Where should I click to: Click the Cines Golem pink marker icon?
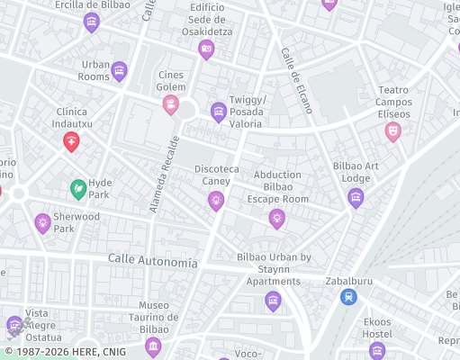170,105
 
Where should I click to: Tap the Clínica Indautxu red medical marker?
71,140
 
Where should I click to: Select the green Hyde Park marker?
79,189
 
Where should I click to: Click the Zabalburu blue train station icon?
348,295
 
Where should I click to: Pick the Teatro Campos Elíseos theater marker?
392,131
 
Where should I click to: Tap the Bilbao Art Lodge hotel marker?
356,197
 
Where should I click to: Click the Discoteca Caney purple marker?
215,200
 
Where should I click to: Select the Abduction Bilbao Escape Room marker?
277,217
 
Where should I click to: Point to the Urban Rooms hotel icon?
119,70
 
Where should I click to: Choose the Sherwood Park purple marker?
42,221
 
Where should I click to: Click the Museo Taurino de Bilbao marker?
153,346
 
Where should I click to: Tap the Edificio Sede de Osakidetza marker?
206,49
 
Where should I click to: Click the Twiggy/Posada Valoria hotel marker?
218,112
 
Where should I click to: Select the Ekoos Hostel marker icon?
377,348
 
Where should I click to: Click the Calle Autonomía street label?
152,262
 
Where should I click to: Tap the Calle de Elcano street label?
296,80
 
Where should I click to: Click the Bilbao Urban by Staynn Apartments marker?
273,300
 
